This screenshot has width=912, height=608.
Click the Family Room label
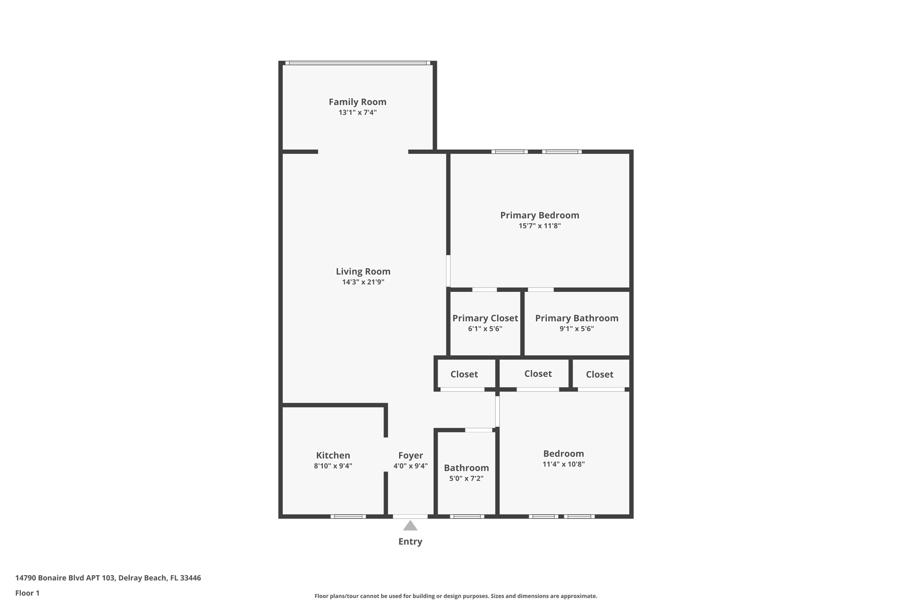click(x=357, y=102)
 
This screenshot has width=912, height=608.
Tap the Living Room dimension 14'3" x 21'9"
click(x=363, y=282)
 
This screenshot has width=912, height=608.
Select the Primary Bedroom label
click(x=539, y=215)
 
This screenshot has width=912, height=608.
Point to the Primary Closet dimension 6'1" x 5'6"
click(x=485, y=329)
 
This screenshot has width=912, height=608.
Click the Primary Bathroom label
click(x=576, y=318)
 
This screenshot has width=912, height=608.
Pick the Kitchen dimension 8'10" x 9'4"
click(x=333, y=466)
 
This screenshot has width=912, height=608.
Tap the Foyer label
click(x=410, y=455)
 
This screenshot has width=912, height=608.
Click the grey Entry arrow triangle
click(x=410, y=526)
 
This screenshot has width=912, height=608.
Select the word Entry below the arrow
click(x=410, y=542)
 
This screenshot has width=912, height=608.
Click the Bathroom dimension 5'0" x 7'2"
click(x=466, y=478)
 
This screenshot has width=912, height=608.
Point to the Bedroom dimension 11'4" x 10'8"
click(x=563, y=464)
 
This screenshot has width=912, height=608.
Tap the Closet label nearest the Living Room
click(x=464, y=374)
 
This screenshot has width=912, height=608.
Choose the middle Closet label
click(x=537, y=374)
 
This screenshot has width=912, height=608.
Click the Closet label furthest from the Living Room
click(x=599, y=375)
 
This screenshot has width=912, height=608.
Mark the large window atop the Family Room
click(x=357, y=63)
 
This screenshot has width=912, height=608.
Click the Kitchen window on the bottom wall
click(x=348, y=516)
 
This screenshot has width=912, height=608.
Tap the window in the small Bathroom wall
click(x=467, y=516)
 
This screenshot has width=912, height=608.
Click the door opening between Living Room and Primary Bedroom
click(x=448, y=270)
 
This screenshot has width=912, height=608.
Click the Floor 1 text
click(x=27, y=593)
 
